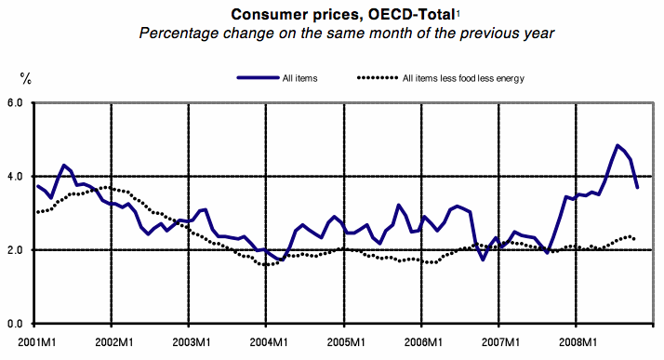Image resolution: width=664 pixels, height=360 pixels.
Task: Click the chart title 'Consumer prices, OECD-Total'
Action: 328,13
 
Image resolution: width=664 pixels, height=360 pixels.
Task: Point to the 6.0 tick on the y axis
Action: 16,101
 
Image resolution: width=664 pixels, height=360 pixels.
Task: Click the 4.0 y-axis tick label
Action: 16,176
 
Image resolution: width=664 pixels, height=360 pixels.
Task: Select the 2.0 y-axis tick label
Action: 16,249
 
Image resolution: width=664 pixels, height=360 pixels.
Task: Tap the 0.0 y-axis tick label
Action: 16,324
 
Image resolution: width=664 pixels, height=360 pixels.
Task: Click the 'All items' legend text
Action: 300,78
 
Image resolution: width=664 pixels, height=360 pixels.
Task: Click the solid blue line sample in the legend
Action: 257,78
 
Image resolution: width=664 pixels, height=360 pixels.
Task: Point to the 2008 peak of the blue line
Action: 617,145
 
